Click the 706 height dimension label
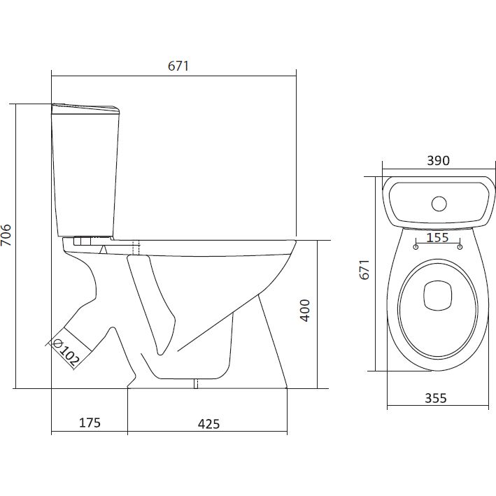(x=6, y=235)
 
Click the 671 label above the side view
(x=178, y=66)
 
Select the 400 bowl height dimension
(x=305, y=311)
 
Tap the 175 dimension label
(x=90, y=423)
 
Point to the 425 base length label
(x=208, y=424)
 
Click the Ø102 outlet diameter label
(x=66, y=352)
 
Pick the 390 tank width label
(x=438, y=161)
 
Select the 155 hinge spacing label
(x=437, y=237)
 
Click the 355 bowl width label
(x=436, y=398)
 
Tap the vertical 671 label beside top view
(x=364, y=269)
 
